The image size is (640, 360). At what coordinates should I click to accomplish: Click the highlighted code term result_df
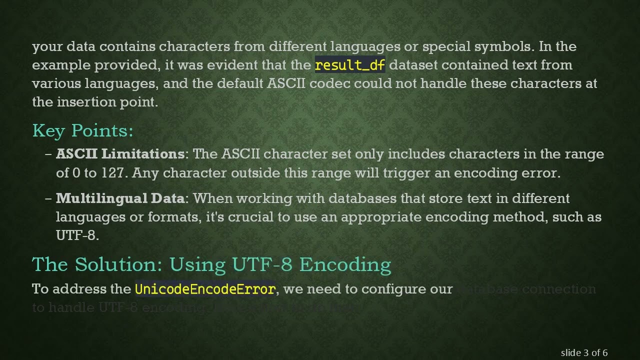pyautogui.click(x=350, y=65)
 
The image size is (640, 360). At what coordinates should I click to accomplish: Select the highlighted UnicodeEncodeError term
pyautogui.click(x=205, y=289)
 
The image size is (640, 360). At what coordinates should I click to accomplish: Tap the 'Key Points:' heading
pyautogui.click(x=83, y=130)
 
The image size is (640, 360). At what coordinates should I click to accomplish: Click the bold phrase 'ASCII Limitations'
pyautogui.click(x=120, y=154)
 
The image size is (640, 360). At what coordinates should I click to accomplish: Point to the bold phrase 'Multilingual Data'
pyautogui.click(x=120, y=198)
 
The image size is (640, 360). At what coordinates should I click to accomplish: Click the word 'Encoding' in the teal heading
pyautogui.click(x=345, y=264)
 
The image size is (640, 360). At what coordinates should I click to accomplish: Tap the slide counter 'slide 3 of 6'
pyautogui.click(x=584, y=352)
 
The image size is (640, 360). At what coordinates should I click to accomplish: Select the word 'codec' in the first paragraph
pyautogui.click(x=330, y=83)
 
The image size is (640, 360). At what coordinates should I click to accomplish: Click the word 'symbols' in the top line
pyautogui.click(x=504, y=46)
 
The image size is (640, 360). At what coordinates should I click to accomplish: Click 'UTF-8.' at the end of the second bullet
pyautogui.click(x=77, y=235)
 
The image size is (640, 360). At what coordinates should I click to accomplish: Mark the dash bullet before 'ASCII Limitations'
pyautogui.click(x=48, y=154)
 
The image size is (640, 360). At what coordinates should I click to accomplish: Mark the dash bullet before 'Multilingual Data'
pyautogui.click(x=48, y=198)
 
